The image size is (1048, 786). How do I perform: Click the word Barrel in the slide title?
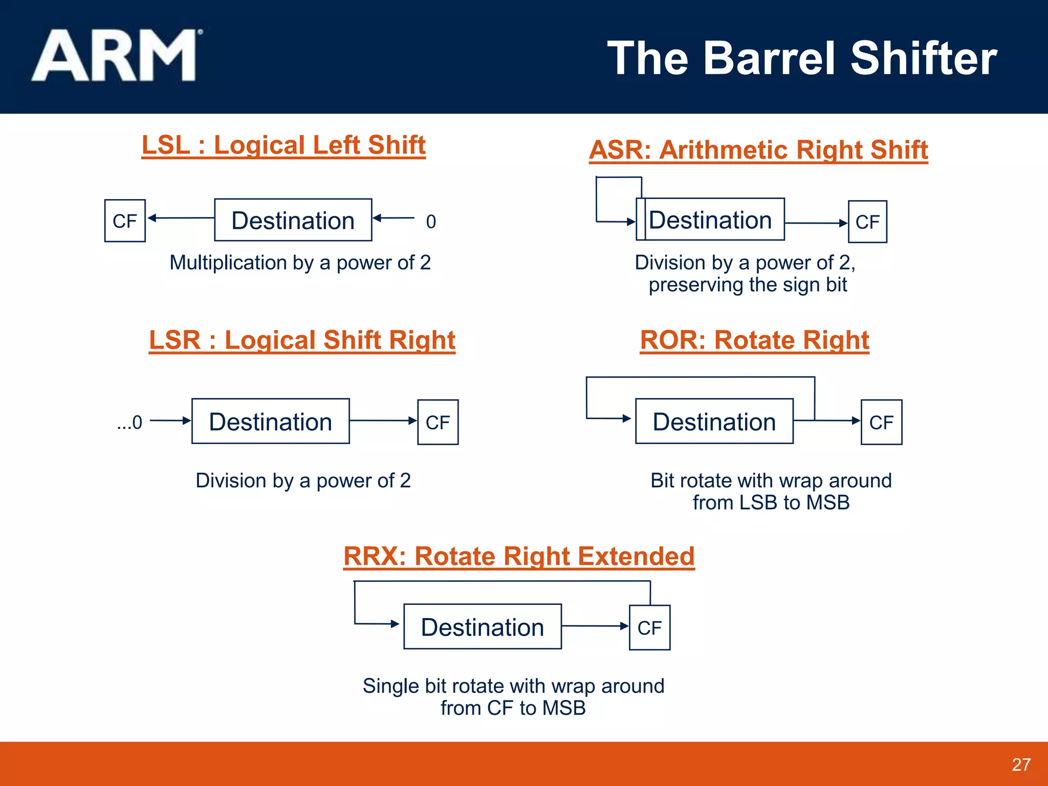point(771,58)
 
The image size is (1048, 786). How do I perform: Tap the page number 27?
point(1021,765)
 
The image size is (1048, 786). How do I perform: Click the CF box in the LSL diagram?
point(125,221)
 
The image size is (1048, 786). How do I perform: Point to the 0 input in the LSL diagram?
point(431,222)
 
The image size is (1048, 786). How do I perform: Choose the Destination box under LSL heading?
point(293,220)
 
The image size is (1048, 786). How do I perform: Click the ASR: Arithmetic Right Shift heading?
point(758,150)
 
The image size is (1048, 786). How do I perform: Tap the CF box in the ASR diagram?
point(867,222)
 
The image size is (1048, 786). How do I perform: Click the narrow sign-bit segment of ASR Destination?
point(641,220)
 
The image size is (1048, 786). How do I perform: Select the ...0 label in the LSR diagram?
point(129,422)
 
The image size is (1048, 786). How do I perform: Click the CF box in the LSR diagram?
point(438,422)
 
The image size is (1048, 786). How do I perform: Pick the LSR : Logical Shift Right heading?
point(302,340)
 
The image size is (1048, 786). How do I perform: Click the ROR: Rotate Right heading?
point(754,340)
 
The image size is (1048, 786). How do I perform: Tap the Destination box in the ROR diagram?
point(714,421)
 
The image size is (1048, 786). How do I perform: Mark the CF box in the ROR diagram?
point(881,422)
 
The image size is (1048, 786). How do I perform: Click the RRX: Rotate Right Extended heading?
point(519,556)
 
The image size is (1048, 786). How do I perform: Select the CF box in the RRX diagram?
point(649,627)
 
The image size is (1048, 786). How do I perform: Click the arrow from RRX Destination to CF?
point(594,626)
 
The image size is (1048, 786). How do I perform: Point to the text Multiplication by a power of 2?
point(300,263)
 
